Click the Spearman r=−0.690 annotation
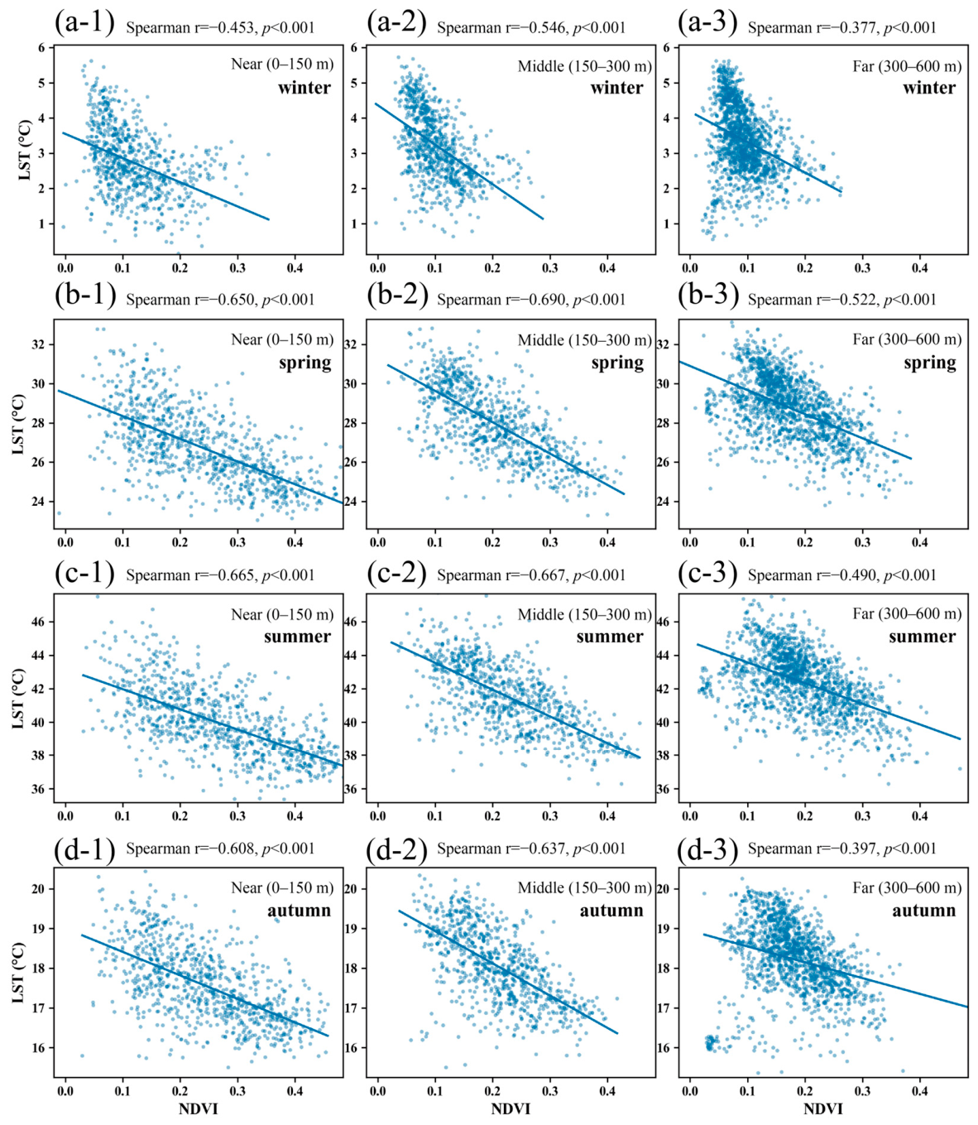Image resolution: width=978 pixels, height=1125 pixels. (531, 300)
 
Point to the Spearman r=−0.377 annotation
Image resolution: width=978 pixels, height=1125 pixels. (841, 27)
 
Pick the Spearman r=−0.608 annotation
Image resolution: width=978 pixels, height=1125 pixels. (220, 849)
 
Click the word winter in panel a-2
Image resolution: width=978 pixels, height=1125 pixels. (617, 88)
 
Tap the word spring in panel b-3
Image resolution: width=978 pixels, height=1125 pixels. (930, 363)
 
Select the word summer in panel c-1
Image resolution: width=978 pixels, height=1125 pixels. (298, 637)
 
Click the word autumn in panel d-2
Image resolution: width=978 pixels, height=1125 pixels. (611, 911)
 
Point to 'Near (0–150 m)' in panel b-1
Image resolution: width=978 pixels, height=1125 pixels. (282, 339)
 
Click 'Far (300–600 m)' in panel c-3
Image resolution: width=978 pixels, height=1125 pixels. (907, 613)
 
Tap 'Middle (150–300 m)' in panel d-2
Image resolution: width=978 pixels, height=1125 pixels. (585, 887)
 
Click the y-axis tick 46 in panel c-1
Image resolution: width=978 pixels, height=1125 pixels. (40, 622)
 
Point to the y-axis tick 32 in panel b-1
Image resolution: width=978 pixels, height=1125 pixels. (40, 344)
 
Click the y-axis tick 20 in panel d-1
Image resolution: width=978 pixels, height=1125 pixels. (40, 888)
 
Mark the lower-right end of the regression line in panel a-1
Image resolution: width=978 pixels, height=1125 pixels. (269, 219)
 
